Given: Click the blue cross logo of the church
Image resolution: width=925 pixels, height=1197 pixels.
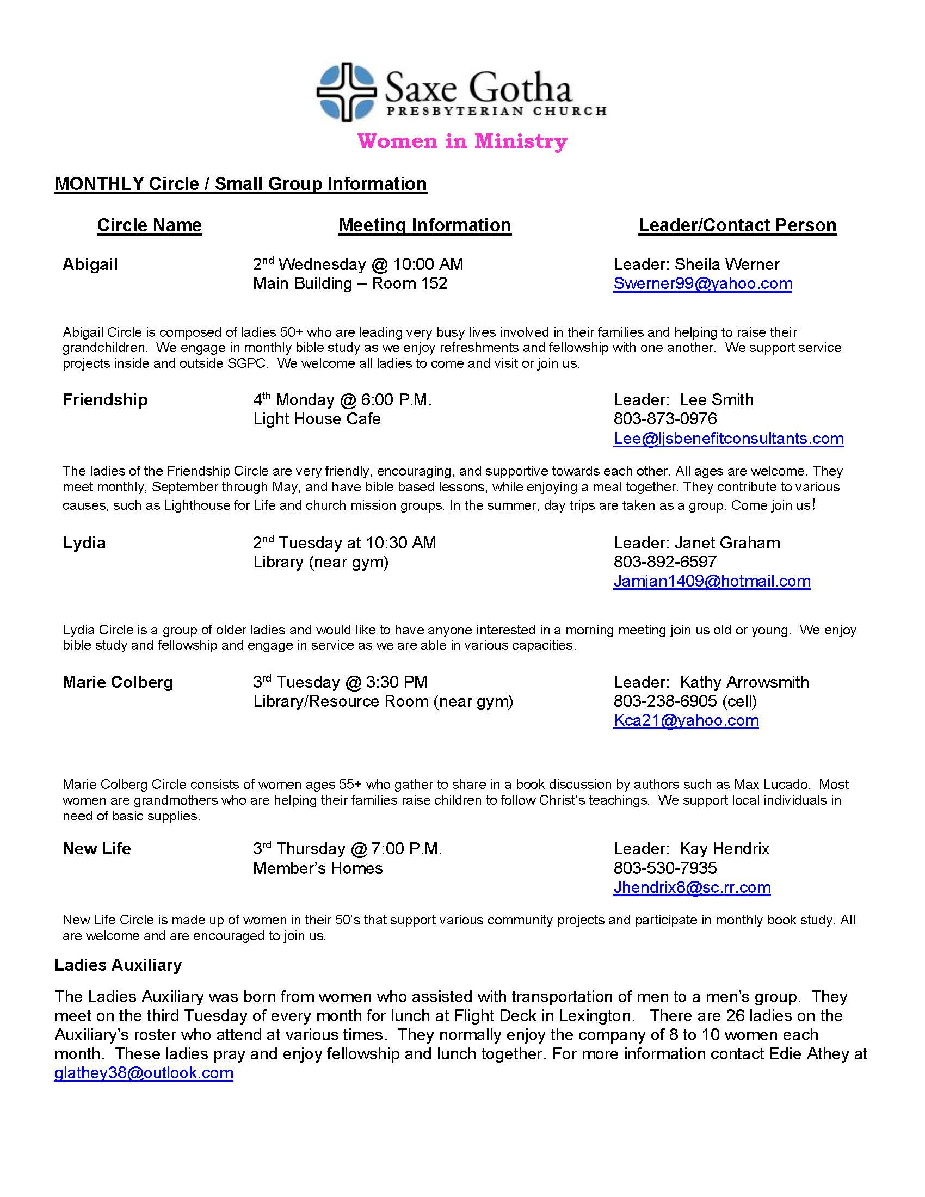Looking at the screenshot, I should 346,91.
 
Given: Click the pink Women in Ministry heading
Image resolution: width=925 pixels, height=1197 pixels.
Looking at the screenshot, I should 462,141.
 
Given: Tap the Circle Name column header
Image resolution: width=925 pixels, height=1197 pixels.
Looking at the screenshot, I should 149,225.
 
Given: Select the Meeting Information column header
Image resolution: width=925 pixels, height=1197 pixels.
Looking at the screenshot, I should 425,225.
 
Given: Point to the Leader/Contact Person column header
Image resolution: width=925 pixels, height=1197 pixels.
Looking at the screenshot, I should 737,225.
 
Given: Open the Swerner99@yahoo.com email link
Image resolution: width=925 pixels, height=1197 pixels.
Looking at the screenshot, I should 702,283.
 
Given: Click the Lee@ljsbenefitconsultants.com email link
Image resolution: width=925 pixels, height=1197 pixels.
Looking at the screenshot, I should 728,439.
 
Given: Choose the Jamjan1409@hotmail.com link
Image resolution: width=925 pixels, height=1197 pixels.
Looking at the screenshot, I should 712,581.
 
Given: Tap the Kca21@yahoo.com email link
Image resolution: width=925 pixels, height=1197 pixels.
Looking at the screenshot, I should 686,720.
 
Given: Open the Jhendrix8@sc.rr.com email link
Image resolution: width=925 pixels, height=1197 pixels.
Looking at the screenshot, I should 692,887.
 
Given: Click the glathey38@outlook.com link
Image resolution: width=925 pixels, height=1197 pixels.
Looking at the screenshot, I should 144,1072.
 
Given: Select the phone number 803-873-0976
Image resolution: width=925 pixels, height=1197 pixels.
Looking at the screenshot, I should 665,419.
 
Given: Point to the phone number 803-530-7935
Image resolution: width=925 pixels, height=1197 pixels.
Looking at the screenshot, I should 665,868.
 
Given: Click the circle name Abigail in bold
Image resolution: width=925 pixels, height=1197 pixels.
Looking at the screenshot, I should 90,264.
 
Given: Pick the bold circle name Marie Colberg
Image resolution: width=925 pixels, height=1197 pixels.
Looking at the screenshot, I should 118,682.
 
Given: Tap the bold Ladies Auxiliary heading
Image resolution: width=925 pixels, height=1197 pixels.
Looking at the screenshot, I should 118,965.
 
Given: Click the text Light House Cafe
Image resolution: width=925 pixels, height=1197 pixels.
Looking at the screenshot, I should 317,419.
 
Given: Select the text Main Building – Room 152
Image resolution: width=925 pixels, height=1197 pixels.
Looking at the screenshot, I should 350,283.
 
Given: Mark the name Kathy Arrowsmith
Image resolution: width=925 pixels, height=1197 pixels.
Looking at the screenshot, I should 744,682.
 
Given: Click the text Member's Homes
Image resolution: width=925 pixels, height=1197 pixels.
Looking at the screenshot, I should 318,868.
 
